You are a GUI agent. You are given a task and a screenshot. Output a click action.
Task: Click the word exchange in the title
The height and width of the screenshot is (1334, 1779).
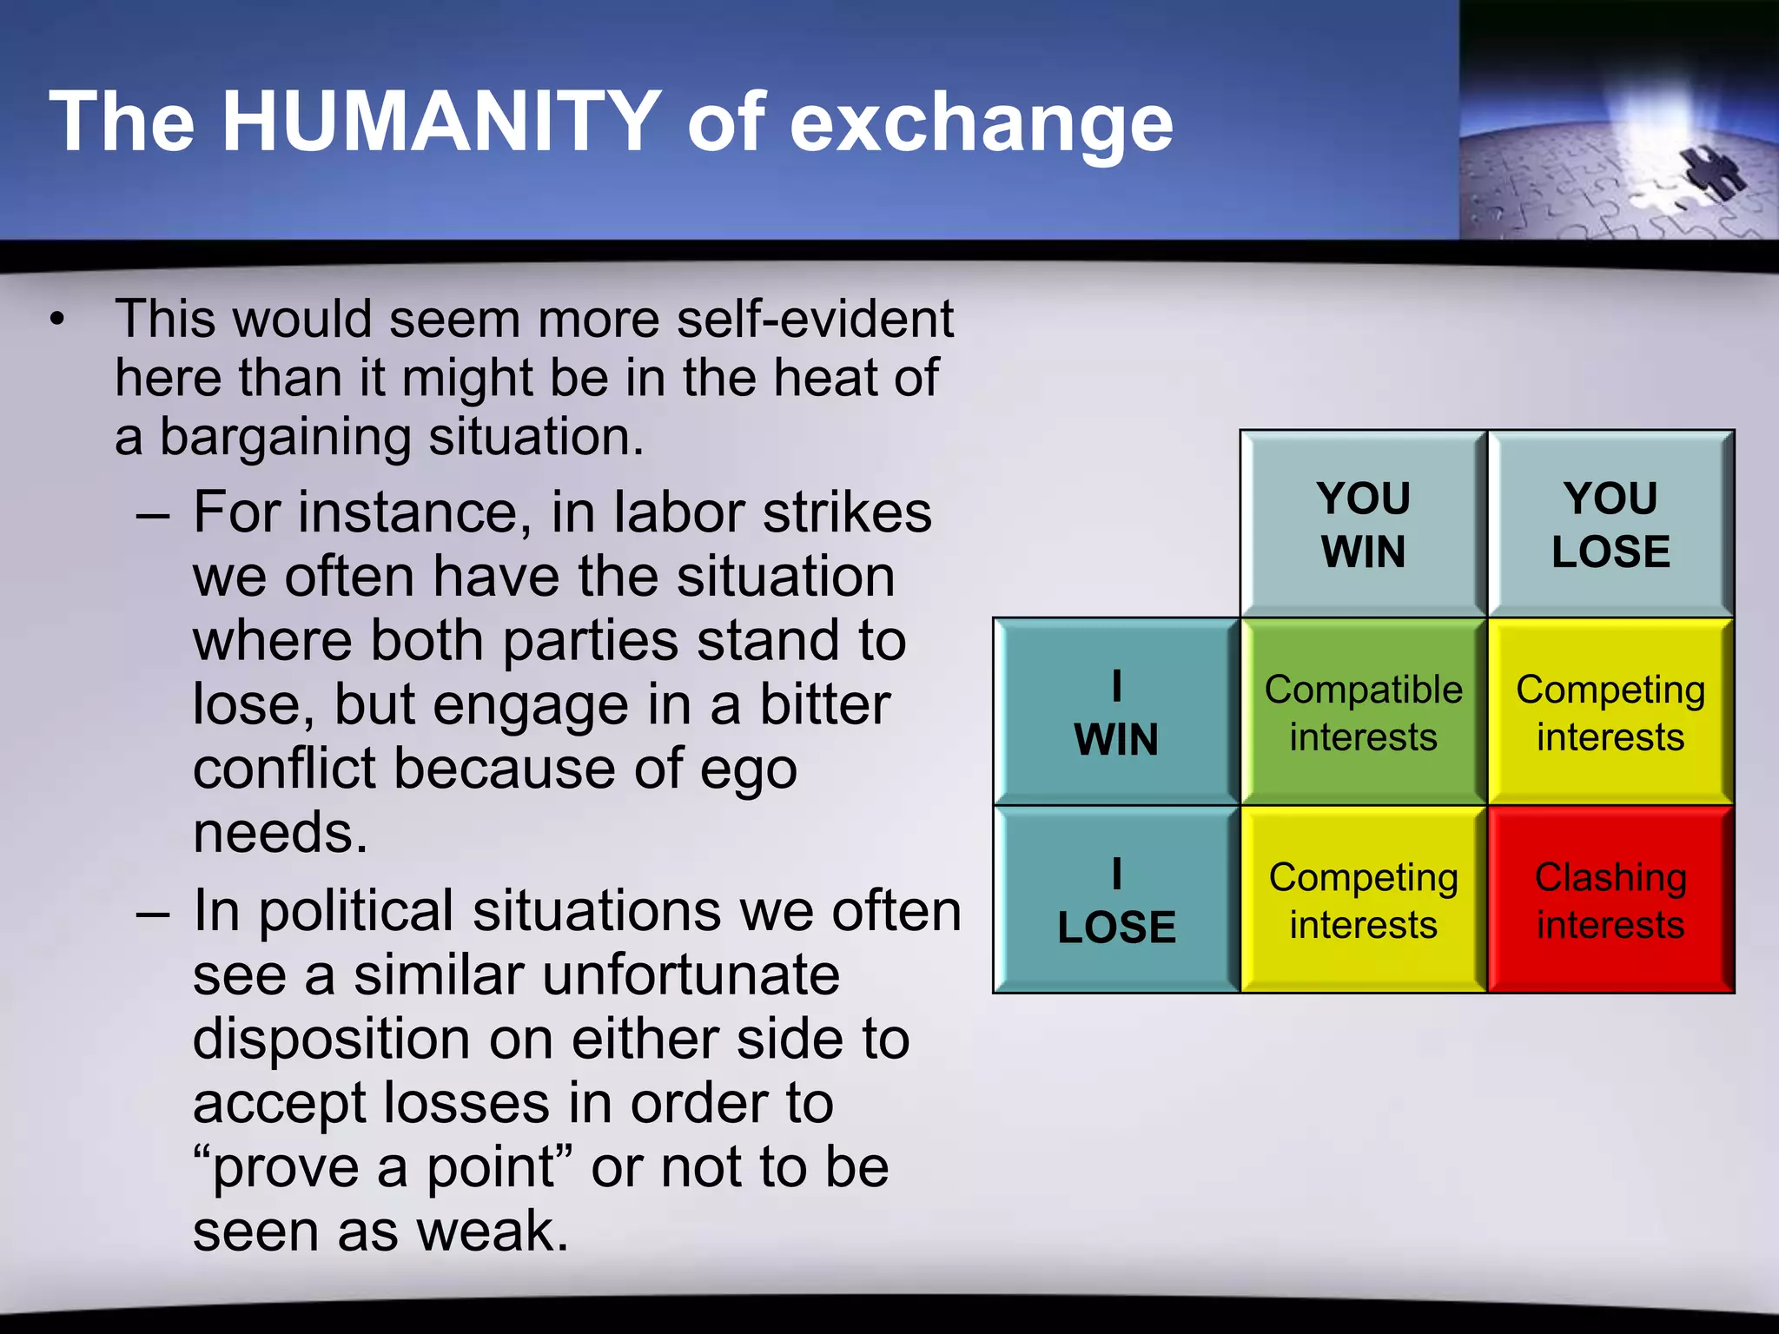point(981,123)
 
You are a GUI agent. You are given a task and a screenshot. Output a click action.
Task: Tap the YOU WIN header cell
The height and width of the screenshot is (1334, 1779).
point(1363,525)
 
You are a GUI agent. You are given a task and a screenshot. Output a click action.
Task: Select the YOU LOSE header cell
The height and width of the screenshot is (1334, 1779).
point(1610,525)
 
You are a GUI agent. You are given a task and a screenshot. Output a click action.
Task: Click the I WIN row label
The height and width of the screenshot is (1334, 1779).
point(1116,712)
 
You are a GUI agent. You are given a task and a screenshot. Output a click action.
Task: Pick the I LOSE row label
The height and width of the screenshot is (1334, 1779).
point(1116,900)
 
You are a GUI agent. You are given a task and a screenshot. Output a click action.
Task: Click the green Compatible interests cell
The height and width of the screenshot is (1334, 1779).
point(1363,712)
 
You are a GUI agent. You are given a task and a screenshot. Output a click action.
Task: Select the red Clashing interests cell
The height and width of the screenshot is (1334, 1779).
point(1610,900)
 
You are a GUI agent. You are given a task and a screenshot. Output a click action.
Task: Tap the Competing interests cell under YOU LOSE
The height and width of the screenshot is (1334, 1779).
point(1610,712)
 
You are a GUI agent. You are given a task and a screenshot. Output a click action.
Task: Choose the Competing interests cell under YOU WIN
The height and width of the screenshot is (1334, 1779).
point(1363,900)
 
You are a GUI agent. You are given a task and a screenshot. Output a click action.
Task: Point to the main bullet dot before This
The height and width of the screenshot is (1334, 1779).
point(57,320)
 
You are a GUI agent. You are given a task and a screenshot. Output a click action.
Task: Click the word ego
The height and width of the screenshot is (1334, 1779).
point(748,769)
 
